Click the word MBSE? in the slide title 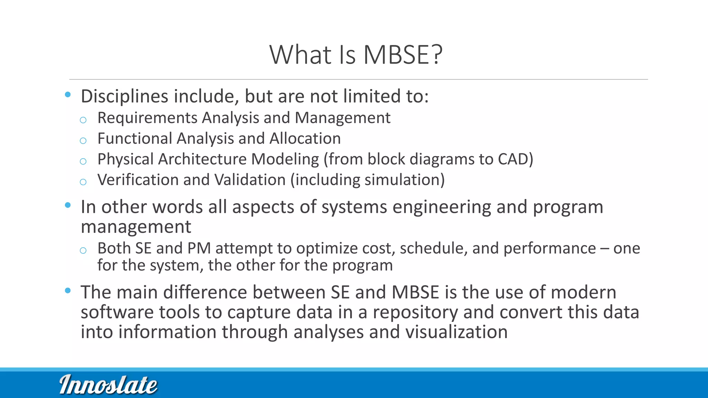point(403,55)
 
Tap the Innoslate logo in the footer point(108,385)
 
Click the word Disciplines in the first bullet point(124,96)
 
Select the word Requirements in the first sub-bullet point(147,118)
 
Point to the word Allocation point(305,139)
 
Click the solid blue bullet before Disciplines point(68,95)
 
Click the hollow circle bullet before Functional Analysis point(83,141)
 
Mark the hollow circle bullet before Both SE point(83,250)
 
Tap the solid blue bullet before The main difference point(68,291)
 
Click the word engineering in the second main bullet point(441,207)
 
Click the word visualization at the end point(456,332)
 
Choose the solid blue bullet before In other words point(68,205)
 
